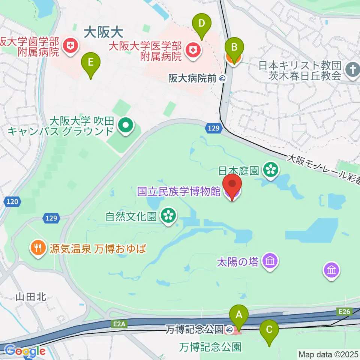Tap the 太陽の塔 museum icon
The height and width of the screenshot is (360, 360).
pos(270,261)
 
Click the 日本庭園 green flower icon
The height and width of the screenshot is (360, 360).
pos(270,170)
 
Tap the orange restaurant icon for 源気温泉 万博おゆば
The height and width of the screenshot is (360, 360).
pos(39,248)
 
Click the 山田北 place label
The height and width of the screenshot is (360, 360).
pos(31,297)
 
